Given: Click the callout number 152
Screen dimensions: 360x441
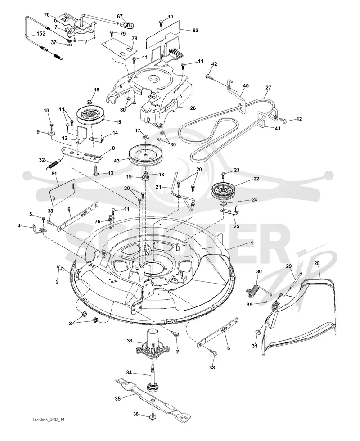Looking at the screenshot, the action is [x=41, y=33].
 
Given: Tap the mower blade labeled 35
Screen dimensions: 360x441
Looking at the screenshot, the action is [x=153, y=398].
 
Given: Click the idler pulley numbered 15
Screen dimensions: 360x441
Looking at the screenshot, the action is [x=91, y=115].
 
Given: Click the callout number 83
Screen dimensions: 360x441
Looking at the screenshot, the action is [x=195, y=30].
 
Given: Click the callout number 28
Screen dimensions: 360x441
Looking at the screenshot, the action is [x=317, y=263].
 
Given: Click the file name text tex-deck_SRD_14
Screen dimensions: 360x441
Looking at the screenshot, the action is [x=49, y=419].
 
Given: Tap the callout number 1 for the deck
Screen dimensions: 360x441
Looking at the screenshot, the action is [x=252, y=243].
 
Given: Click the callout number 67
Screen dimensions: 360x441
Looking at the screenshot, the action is [x=120, y=16].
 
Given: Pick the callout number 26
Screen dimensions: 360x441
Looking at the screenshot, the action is [x=193, y=108].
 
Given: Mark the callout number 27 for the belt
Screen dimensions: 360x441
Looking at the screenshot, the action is [x=268, y=87].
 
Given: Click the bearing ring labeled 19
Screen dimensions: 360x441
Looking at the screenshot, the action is [x=146, y=178].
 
